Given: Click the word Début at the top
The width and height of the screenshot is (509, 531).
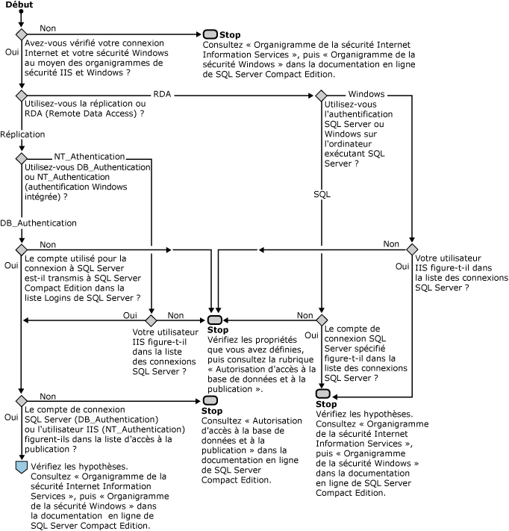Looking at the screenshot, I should (18, 5).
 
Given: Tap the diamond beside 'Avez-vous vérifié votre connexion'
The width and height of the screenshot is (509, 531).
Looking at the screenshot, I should (21, 34).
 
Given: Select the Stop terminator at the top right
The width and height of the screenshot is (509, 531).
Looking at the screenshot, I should (210, 34).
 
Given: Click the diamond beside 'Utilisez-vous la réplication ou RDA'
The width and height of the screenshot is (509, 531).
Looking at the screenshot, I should (21, 96).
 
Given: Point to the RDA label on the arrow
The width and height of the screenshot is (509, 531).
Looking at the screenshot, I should (161, 94).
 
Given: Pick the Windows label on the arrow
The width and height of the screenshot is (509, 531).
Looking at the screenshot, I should (366, 94).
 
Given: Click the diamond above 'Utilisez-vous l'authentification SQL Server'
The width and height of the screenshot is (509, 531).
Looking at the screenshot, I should (321, 96).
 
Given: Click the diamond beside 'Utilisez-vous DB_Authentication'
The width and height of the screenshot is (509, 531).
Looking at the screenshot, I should (21, 158).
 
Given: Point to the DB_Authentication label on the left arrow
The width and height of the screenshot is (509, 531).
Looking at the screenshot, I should (38, 223).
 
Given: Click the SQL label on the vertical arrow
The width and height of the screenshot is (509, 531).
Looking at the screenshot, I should (322, 193).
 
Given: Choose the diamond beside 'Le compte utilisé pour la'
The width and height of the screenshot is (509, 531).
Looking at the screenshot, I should (21, 249).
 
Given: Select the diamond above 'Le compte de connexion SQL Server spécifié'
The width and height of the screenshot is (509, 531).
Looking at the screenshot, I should (321, 320).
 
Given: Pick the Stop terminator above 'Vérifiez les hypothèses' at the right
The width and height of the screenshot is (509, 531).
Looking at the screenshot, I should (322, 394).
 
